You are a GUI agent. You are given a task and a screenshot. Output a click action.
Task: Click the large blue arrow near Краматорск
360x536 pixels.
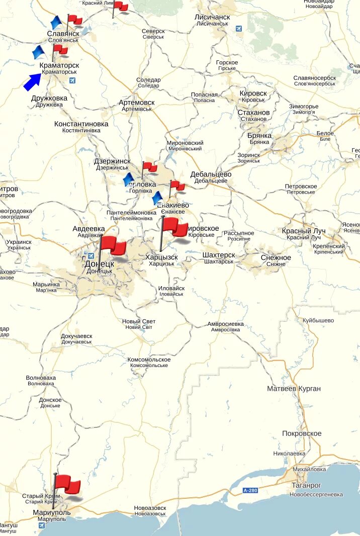pos(33,81)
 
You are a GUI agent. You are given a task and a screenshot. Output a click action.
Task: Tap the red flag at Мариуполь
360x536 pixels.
pos(67,485)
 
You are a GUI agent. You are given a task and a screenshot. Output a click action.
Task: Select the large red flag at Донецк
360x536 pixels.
pos(113,246)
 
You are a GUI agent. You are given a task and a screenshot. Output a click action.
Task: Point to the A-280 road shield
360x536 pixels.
pos(250,490)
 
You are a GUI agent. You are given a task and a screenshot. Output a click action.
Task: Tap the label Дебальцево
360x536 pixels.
pos(211,174)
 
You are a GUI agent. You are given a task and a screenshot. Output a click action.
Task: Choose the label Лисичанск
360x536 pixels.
pos(212,17)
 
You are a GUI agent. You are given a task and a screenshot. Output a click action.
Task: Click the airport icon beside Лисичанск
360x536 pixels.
pos(238,29)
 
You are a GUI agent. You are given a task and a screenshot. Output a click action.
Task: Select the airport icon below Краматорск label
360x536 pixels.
pos(72,80)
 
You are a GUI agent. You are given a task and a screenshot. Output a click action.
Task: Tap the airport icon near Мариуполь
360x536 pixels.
pos(41,525)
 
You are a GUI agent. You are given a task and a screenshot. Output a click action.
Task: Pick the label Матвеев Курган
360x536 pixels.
pos(294,389)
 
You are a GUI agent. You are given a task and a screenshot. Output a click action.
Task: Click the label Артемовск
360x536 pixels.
pos(137,103)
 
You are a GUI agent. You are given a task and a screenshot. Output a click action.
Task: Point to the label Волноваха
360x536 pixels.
pos(41,378)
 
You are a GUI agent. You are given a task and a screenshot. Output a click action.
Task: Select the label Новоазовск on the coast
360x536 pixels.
pos(150,508)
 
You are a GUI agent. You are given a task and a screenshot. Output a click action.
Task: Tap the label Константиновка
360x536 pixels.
pos(81,124)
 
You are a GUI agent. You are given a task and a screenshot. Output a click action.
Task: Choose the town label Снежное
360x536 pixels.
pos(276,257)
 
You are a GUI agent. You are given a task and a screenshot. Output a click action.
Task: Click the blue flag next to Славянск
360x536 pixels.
pos(56,23)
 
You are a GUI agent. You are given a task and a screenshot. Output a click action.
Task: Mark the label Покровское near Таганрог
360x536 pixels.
pos(302,433)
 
